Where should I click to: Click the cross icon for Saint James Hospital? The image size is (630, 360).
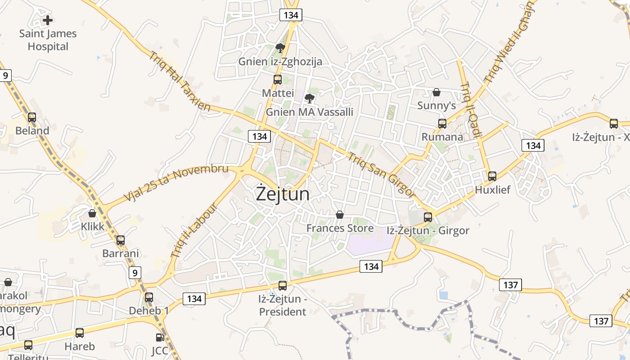(48, 20)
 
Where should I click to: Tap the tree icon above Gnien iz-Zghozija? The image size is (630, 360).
(280, 48)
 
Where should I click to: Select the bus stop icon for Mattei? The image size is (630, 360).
(278, 80)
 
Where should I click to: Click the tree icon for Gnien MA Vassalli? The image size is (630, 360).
(309, 98)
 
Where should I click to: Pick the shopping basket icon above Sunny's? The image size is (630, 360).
(436, 92)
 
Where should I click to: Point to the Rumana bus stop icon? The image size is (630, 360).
(442, 123)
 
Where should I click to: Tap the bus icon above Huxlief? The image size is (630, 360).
(492, 176)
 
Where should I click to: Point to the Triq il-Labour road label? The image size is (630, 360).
(194, 230)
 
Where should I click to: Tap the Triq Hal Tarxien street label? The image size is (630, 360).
(180, 81)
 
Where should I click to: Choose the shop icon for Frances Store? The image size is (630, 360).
(340, 215)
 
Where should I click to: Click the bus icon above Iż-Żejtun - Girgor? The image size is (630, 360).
(428, 217)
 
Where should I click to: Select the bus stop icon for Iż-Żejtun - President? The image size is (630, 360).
(283, 285)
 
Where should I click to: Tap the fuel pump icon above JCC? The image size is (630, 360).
(160, 337)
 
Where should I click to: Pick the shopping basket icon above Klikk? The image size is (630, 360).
(92, 213)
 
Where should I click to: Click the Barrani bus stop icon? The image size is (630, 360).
(121, 240)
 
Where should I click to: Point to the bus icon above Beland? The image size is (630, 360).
(32, 117)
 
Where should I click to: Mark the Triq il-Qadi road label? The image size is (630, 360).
(471, 110)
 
